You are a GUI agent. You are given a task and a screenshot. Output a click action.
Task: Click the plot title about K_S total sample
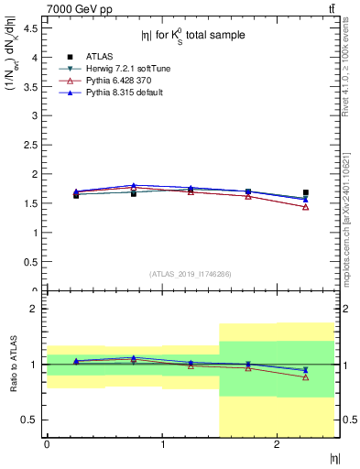point(192,36)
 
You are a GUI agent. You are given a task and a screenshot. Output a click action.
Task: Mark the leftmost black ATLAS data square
point(76,195)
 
